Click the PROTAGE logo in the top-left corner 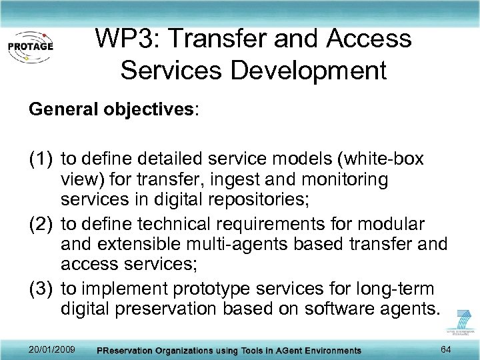31,47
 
